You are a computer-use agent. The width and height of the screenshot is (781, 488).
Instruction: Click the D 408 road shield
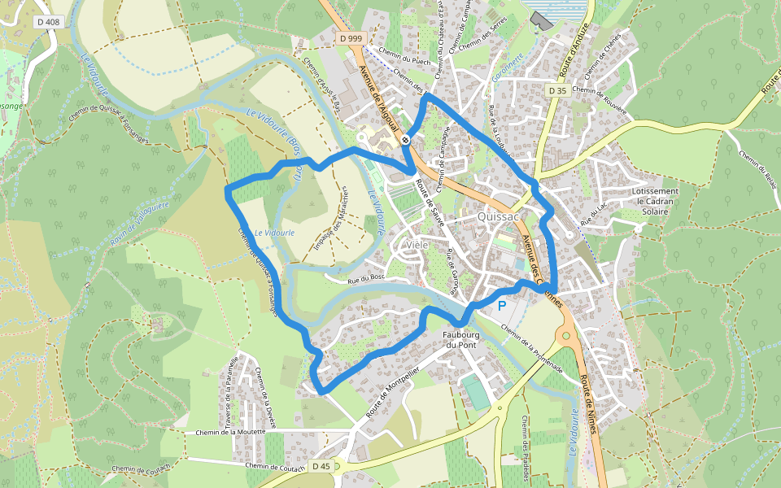pyautogui.click(x=48, y=22)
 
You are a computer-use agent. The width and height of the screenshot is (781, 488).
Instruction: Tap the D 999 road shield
pyautogui.click(x=351, y=38)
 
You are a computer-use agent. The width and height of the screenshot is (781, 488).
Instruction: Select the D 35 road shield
pyautogui.click(x=556, y=90)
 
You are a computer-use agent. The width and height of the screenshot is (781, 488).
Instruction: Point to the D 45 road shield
pyautogui.click(x=321, y=466)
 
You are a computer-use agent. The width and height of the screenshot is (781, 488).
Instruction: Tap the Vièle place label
pyautogui.click(x=416, y=245)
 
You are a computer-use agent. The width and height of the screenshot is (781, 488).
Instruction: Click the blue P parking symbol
pyautogui.click(x=502, y=306)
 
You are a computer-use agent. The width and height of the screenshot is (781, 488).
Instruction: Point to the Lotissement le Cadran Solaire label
pyautogui.click(x=655, y=201)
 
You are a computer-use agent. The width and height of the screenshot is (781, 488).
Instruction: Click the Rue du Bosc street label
pyautogui.click(x=365, y=278)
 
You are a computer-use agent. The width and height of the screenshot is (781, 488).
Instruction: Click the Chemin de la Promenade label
pyautogui.click(x=532, y=348)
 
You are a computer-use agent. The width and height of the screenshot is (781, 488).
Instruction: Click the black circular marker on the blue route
pyautogui.click(x=405, y=140)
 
